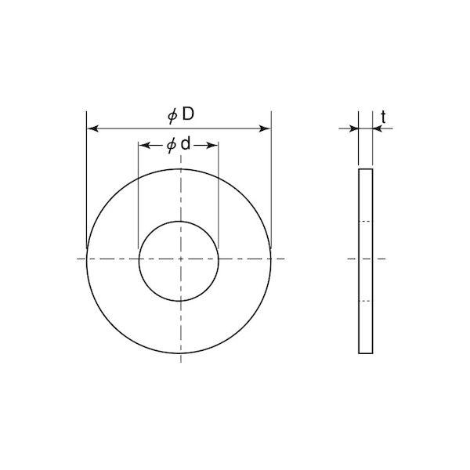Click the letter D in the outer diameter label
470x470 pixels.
tap(188, 114)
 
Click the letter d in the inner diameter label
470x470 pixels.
tap(186, 144)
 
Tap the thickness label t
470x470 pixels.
tap(383, 117)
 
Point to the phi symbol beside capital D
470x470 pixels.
tap(172, 116)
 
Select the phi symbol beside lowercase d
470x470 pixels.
tap(172, 146)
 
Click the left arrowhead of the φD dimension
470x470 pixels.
tap(93, 128)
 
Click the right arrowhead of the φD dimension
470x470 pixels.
tap(265, 129)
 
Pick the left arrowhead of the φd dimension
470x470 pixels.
tap(144, 146)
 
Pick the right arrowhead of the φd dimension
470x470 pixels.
tap(212, 146)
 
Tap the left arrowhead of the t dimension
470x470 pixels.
tap(354, 129)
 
